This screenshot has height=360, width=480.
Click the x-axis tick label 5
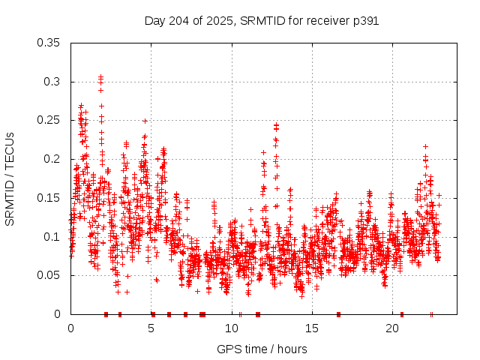151,328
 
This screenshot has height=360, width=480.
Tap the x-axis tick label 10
232,328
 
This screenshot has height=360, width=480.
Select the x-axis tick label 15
312,328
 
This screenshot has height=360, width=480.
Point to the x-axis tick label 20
392,328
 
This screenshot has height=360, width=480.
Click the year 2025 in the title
223,21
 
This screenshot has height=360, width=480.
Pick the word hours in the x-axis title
291,349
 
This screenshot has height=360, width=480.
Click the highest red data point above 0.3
100,76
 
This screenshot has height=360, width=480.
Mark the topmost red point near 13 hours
276,125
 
